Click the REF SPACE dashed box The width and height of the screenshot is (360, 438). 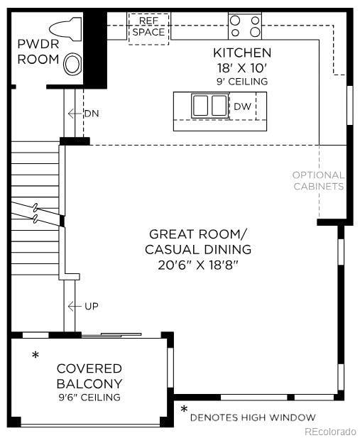(148, 28)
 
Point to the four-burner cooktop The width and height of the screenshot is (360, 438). (245, 27)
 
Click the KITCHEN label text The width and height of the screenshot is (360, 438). (242, 53)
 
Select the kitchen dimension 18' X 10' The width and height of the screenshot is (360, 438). (242, 68)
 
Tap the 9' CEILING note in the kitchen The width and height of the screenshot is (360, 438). (242, 82)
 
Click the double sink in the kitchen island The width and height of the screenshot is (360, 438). (209, 106)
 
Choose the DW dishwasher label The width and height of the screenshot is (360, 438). (242, 106)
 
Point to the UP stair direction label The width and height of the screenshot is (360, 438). (91, 306)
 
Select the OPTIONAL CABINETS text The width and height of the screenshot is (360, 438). (318, 180)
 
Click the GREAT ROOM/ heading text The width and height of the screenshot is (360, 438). (198, 234)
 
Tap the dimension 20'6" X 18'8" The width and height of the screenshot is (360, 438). (198, 265)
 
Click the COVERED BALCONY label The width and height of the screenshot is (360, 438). (89, 376)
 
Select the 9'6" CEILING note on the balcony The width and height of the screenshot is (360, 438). (89, 398)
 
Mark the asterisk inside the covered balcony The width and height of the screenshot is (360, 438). (36, 355)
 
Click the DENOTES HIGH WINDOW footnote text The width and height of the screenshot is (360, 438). (252, 417)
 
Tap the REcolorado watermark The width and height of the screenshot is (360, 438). (330, 431)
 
